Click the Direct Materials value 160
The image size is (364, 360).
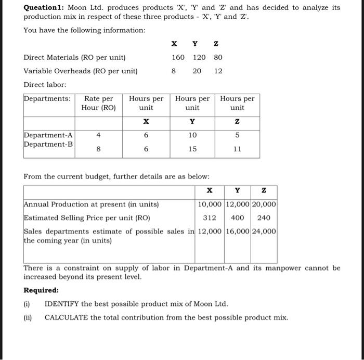coord(178,57)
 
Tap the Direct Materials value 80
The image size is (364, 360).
coord(218,57)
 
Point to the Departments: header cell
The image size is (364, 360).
coord(47,99)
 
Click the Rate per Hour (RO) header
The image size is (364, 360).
coord(99,103)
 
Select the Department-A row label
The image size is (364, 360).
coord(48,135)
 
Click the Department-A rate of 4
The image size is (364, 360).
coord(99,135)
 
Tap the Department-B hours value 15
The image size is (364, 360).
coord(192,149)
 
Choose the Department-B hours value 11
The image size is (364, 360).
coord(238,149)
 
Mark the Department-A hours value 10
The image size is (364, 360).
coord(192,135)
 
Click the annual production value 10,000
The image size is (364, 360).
coord(210,204)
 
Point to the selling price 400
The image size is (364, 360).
coord(238,217)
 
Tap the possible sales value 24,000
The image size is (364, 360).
coord(265,231)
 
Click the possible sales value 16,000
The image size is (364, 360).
coord(238,231)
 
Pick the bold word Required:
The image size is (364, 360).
coord(41,290)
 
